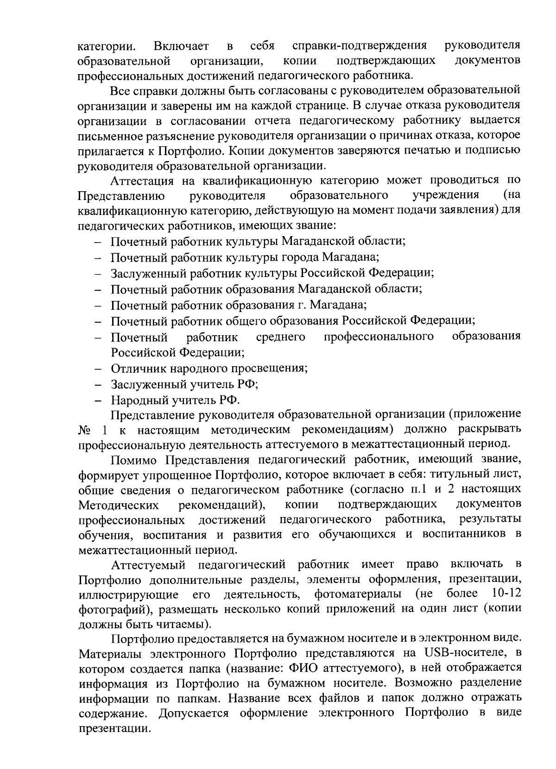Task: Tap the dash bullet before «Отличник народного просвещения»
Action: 98,369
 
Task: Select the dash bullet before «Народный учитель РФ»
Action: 98,400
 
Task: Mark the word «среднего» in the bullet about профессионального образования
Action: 280,336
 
